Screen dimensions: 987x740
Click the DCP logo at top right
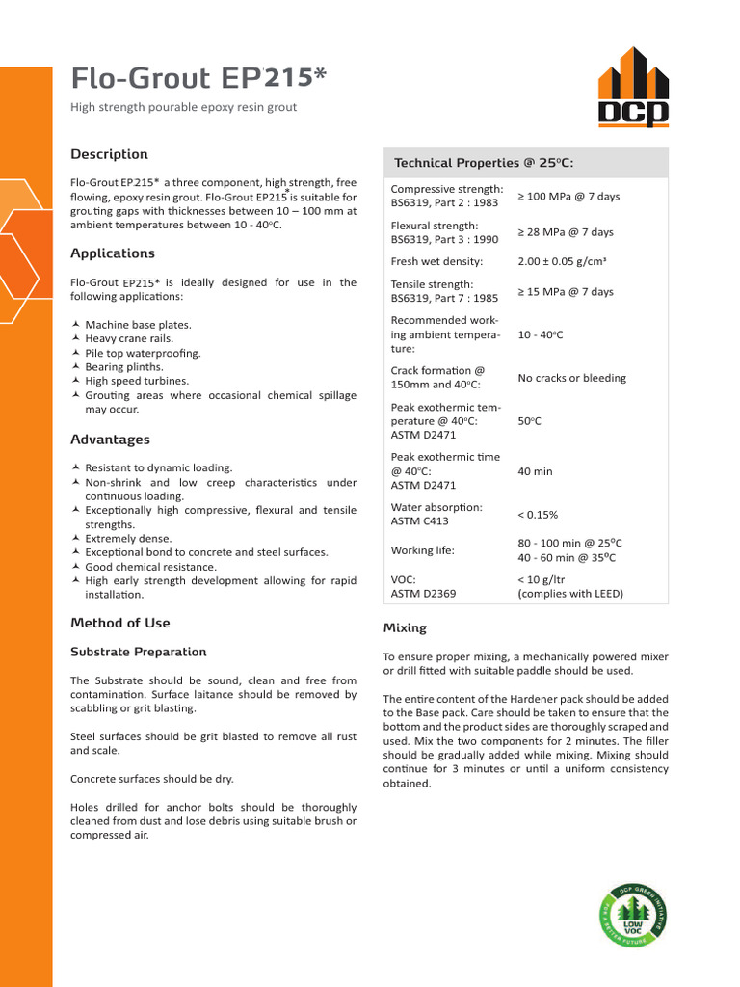[632, 88]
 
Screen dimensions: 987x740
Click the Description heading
[109, 154]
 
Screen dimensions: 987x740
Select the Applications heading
[113, 253]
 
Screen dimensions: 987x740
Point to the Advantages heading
[110, 440]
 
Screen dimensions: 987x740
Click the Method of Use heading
[119, 623]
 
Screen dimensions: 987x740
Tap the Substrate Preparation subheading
[138, 652]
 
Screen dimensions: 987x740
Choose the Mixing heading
[405, 627]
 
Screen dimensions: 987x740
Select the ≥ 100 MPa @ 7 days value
[568, 196]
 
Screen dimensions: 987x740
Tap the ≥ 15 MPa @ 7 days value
[566, 291]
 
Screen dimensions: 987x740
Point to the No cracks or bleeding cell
[571, 378]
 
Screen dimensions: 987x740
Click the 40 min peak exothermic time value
[535, 471]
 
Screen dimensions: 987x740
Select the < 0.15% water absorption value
[538, 515]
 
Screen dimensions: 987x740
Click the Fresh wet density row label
[436, 261]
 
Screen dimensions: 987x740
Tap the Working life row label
[422, 550]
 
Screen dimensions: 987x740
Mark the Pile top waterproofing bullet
[143, 353]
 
